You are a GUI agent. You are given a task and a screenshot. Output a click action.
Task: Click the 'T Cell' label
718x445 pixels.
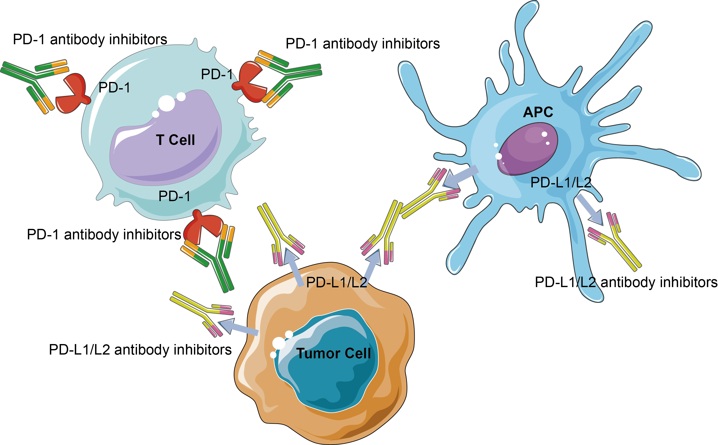[x=175, y=140]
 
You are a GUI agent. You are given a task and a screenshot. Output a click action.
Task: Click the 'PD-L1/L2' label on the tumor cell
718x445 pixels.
[x=336, y=283]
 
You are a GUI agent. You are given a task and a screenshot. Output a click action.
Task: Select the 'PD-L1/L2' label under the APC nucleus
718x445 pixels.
[x=560, y=183]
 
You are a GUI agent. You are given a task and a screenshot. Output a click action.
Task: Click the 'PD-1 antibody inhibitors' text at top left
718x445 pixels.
[x=90, y=39]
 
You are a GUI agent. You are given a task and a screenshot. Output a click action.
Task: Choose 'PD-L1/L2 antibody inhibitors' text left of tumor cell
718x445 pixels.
[x=140, y=350]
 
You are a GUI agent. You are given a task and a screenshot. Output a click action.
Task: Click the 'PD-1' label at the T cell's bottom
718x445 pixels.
[x=174, y=196]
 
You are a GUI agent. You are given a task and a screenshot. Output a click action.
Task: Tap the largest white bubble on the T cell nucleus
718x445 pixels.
[x=166, y=103]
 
